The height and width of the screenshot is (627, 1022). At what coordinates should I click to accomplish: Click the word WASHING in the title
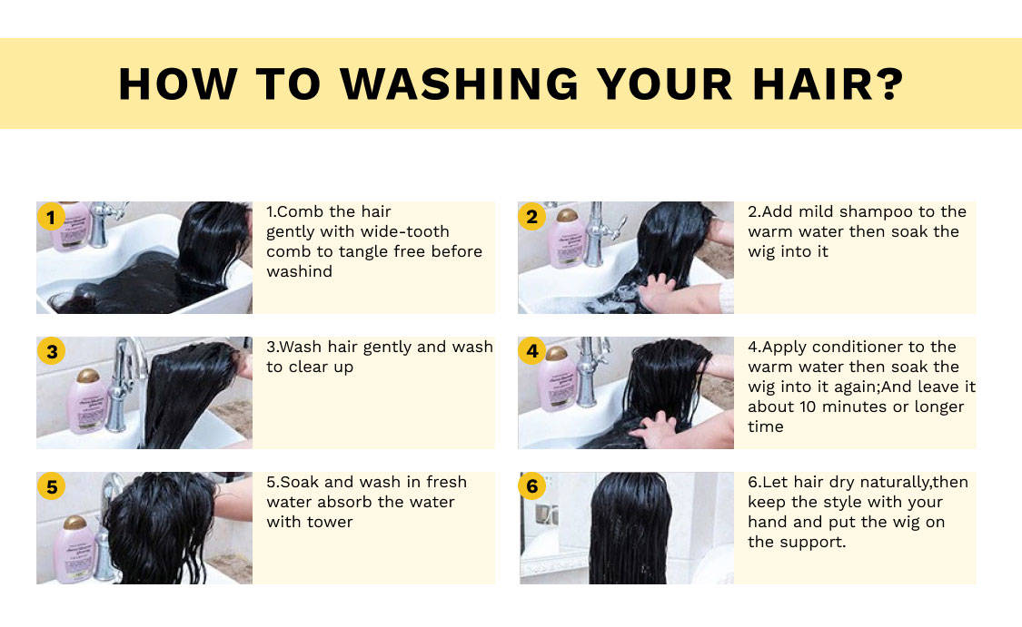pos(459,84)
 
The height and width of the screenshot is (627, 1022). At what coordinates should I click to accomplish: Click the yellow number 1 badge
pos(51,217)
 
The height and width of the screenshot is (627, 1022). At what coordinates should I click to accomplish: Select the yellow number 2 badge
pos(531,217)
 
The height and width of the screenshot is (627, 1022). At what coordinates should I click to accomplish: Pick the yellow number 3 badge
pos(52,351)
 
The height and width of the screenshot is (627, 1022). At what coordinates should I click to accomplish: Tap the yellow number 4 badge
pos(532,351)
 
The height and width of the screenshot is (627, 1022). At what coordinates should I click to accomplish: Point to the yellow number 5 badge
pos(52,486)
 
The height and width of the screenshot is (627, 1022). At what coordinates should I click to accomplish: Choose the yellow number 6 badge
pos(531,486)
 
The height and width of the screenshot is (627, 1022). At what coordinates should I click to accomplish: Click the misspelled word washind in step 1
pos(299,271)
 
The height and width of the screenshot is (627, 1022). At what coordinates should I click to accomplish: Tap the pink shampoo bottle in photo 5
pos(75,550)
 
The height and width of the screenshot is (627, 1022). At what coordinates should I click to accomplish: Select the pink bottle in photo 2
pos(567,238)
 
